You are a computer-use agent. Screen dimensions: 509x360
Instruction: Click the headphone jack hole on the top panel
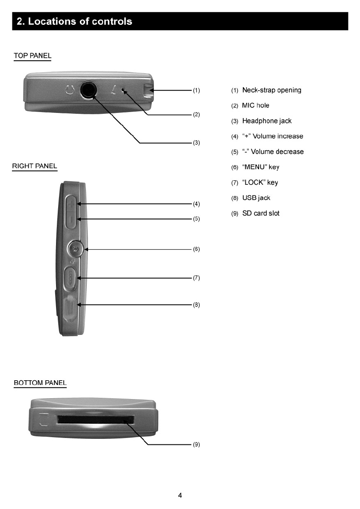(88, 90)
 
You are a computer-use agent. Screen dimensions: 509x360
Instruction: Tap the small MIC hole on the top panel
(124, 91)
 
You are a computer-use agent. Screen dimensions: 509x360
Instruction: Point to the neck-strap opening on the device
(148, 91)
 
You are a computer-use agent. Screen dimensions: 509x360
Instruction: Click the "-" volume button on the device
(71, 219)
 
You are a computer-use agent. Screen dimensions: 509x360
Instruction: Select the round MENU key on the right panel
(76, 249)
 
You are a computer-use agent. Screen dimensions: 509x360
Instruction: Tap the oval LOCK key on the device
(71, 278)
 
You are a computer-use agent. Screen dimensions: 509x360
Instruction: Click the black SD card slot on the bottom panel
(95, 420)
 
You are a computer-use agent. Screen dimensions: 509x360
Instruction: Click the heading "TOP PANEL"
(32, 56)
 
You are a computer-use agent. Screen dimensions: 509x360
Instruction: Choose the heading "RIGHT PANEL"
(35, 166)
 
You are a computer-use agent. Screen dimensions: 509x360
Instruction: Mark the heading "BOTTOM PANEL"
(40, 383)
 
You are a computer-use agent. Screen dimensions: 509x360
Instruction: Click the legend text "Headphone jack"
(267, 121)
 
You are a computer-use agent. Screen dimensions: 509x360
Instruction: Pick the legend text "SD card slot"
(261, 213)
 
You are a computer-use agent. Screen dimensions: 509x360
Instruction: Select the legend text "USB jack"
(256, 198)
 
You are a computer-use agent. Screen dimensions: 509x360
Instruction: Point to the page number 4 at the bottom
(180, 496)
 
